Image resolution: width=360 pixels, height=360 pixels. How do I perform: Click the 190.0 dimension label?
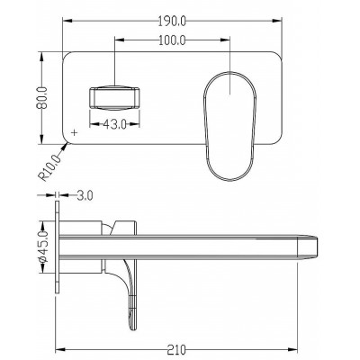coord(172,21)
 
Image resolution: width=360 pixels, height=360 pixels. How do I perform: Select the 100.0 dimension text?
coord(172,40)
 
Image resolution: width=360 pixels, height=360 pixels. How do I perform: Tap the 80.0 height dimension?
coord(41,97)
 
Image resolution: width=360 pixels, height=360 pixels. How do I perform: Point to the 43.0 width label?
coord(115,124)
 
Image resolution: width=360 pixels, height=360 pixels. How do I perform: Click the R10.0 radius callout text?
coord(49,167)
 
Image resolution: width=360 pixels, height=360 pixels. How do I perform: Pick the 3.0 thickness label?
coord(85,195)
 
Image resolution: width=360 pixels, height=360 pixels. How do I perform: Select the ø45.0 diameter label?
coord(44,247)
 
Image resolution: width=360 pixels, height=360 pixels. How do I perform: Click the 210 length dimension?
coord(177,350)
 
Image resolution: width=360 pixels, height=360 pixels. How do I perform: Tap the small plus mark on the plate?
coord(75,132)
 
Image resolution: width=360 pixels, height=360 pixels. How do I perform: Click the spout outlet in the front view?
coord(114,98)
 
